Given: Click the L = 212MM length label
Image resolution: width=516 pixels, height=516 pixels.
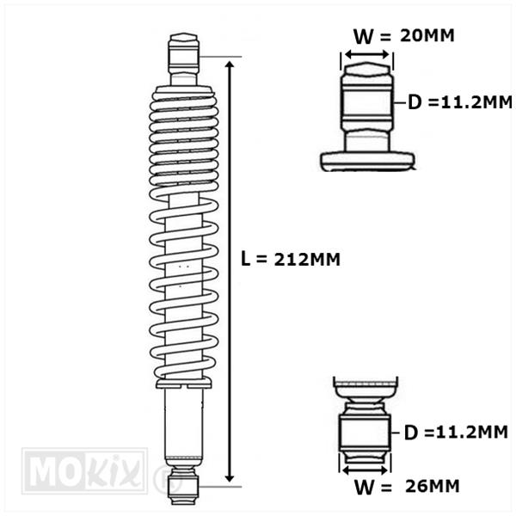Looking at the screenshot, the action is [x=291, y=259].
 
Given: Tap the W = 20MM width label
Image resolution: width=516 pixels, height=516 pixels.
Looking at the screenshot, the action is [x=404, y=35].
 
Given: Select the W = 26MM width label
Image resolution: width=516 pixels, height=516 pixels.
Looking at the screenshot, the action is [x=407, y=487].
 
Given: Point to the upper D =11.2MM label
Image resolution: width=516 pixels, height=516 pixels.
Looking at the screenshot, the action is [x=460, y=102].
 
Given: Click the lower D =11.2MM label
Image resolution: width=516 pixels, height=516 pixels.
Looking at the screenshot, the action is [x=456, y=433].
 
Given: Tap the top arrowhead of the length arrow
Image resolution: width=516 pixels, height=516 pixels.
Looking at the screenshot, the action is [x=230, y=64].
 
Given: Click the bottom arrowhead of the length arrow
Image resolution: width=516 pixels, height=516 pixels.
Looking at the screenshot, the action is [x=230, y=478].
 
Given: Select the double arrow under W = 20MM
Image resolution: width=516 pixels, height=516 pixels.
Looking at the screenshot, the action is [x=367, y=55].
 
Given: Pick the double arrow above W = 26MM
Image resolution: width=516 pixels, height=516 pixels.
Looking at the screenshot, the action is [x=365, y=470].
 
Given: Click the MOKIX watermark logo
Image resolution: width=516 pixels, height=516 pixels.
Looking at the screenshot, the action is [x=84, y=471].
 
